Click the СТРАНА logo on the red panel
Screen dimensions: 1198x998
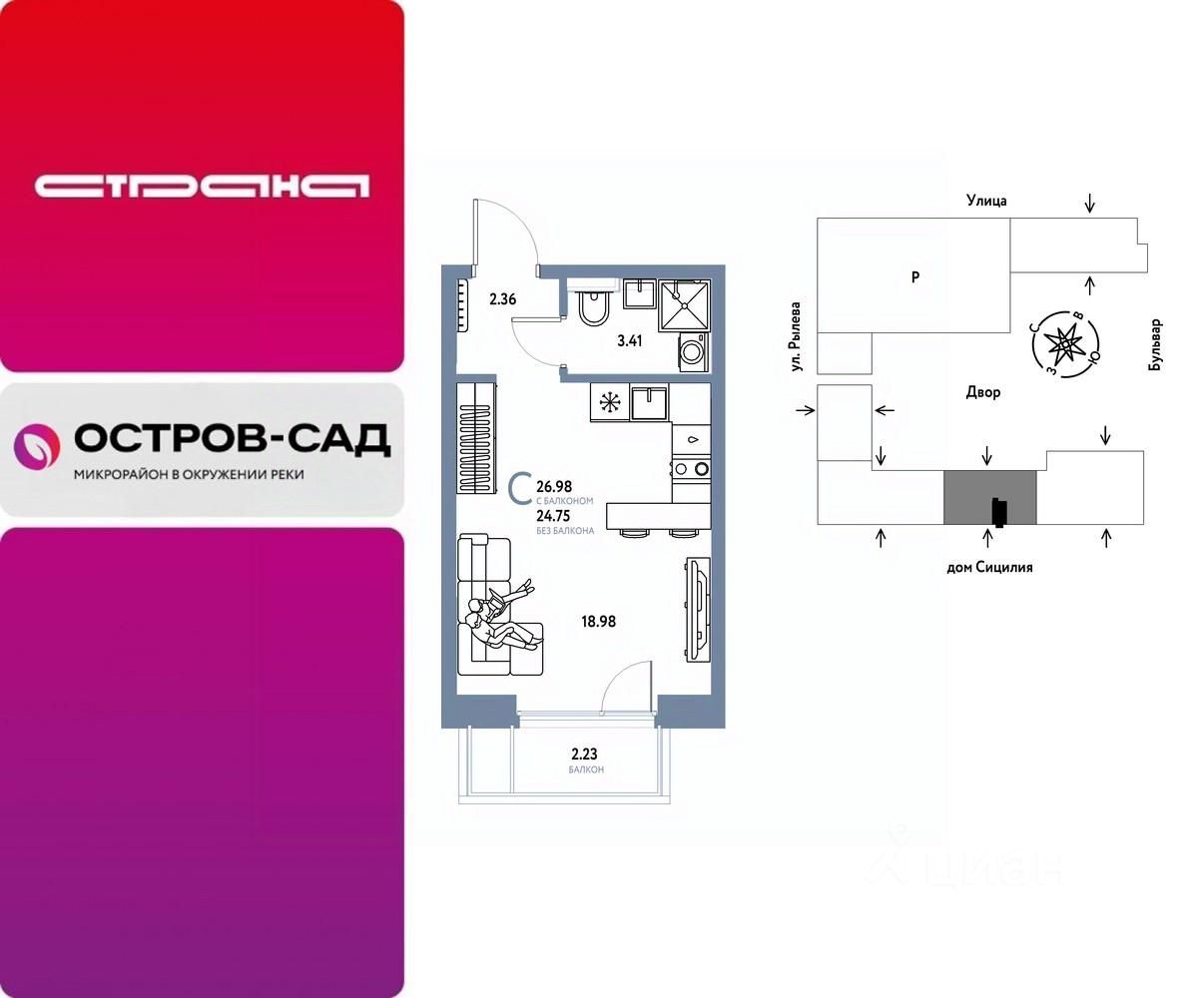(202, 186)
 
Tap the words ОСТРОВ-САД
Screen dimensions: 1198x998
(233, 439)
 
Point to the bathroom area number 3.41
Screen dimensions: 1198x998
(630, 340)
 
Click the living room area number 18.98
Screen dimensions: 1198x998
(598, 621)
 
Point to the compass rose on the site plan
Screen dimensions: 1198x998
(1066, 342)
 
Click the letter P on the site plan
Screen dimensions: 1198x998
(914, 278)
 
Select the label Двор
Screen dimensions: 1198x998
(983, 392)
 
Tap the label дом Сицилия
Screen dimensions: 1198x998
(988, 567)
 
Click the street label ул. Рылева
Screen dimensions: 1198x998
(796, 337)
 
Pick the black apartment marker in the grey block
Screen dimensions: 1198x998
(998, 511)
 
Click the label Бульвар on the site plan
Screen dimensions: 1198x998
(1156, 345)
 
